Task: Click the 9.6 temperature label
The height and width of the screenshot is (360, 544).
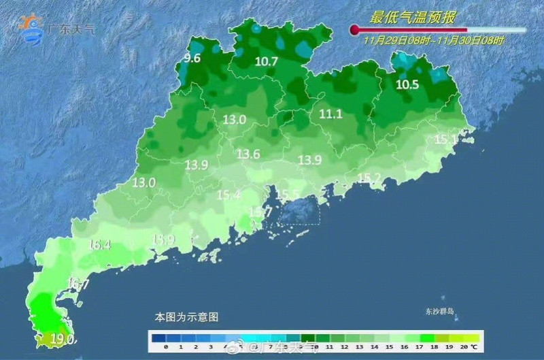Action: [x=193, y=59]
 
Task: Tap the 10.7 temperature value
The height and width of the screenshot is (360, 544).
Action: [x=267, y=61]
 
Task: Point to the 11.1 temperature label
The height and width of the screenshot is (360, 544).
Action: [x=330, y=114]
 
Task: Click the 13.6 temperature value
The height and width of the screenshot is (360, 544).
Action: [x=248, y=154]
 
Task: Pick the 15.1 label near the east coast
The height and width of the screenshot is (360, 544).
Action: [x=445, y=140]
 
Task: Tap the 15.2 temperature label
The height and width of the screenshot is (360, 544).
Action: [x=369, y=178]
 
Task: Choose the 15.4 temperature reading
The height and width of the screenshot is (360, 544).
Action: [x=228, y=195]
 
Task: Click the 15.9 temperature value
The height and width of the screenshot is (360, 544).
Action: [x=163, y=240]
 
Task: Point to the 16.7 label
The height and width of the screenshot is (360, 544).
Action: [x=78, y=284]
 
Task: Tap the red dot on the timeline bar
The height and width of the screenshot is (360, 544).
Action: [x=354, y=29]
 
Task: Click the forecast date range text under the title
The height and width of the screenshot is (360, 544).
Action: [x=434, y=41]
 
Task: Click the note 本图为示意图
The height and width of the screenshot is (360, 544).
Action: [x=186, y=317]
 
